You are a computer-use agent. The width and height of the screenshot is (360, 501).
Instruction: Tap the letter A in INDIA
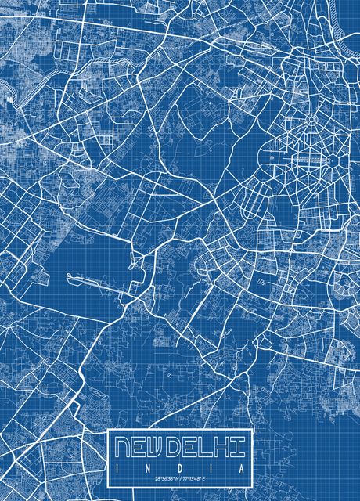(x=244, y=467)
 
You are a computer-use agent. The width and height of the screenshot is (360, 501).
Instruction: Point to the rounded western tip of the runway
(x=69, y=276)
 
